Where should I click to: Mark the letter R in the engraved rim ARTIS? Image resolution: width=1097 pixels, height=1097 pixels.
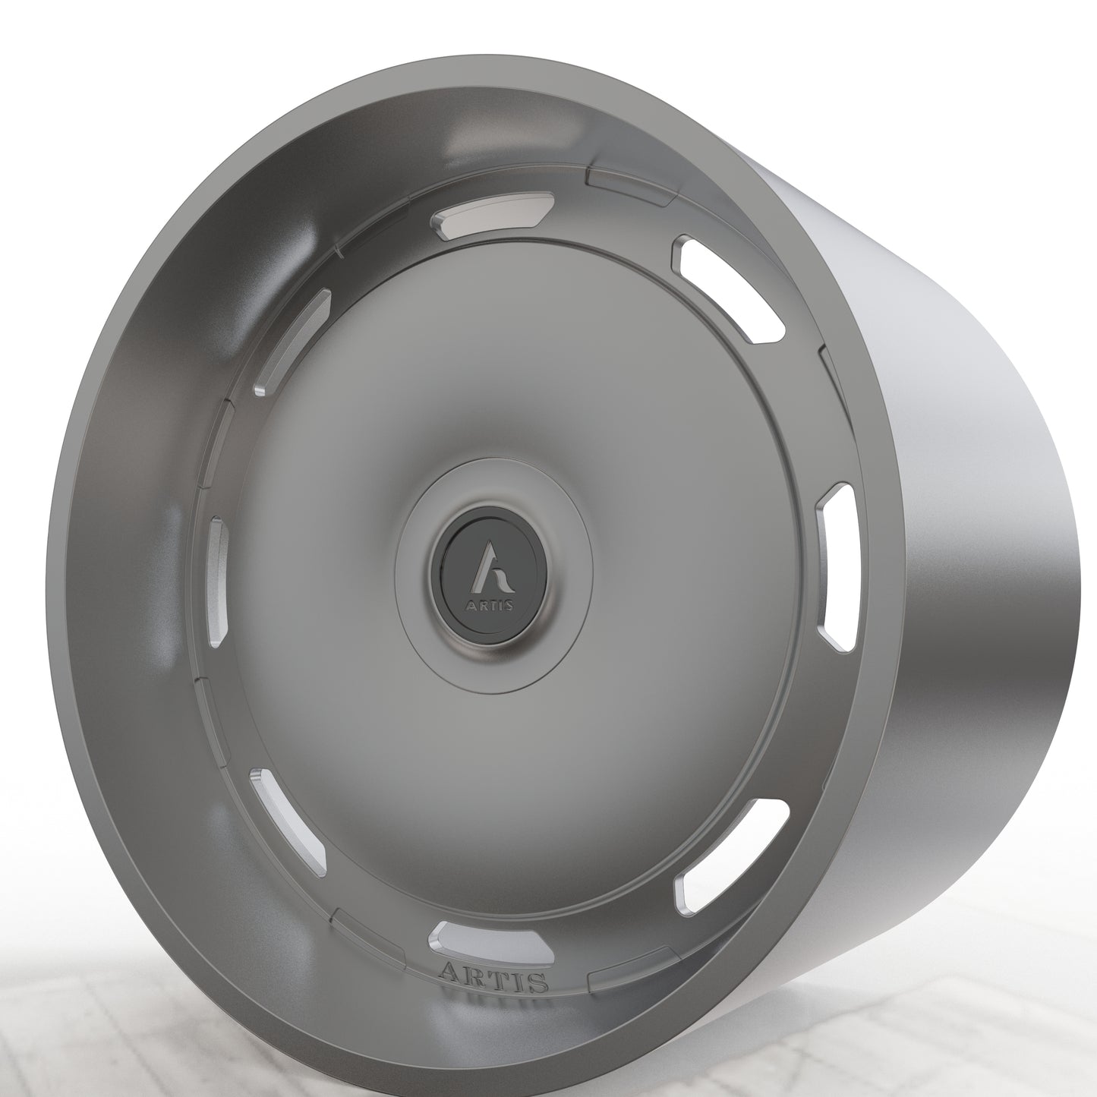click(x=474, y=976)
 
